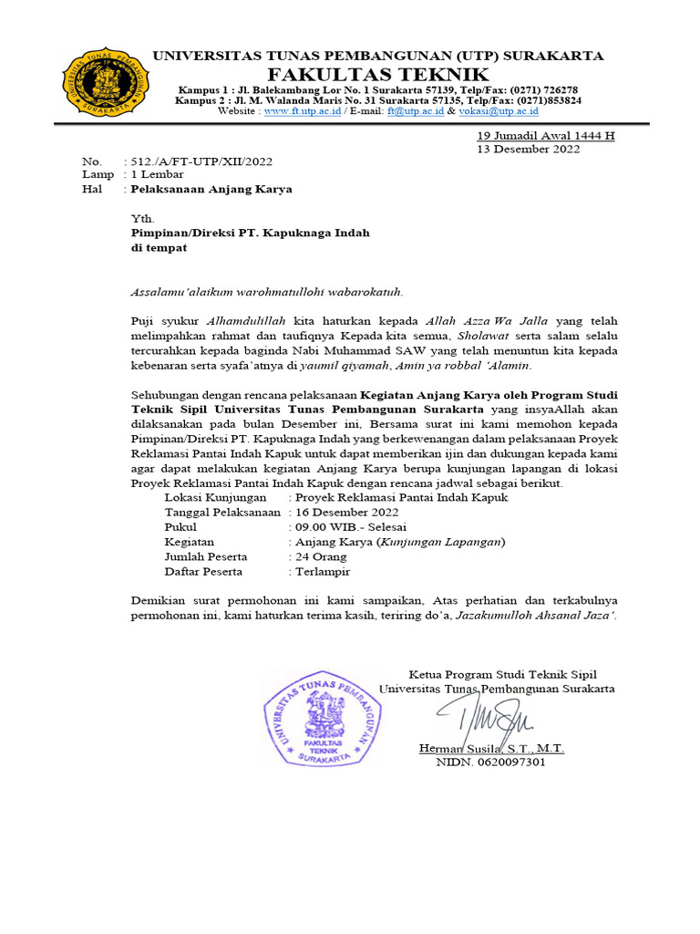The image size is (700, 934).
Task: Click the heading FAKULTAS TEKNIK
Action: tap(378, 74)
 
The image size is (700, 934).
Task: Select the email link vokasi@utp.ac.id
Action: tap(499, 111)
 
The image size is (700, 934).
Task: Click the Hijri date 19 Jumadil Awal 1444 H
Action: tap(546, 136)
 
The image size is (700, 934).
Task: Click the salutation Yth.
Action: tap(143, 219)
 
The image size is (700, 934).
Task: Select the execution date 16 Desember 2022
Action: tap(346, 513)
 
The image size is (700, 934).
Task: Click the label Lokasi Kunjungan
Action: tap(215, 498)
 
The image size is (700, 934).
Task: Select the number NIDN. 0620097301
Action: tap(490, 762)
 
